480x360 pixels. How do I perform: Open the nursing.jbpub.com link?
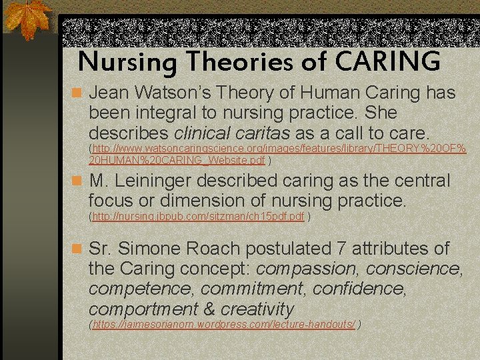(x=199, y=216)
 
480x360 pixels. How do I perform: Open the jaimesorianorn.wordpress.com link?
(x=224, y=325)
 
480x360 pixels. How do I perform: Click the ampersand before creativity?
(x=209, y=309)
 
